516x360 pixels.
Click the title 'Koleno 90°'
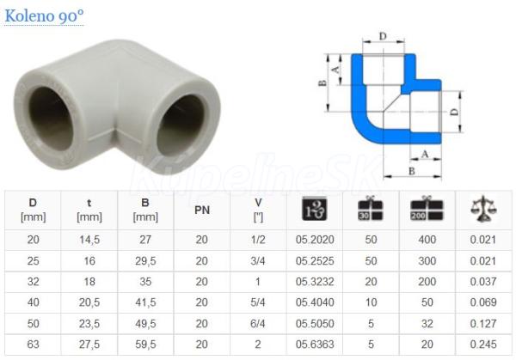[x=44, y=15]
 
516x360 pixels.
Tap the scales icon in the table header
[x=483, y=209]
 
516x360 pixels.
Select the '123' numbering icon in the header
[x=315, y=209]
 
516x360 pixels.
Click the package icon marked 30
[x=371, y=209]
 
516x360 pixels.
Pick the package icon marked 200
[x=427, y=209]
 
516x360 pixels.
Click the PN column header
[x=202, y=211]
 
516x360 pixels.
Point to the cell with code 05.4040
[x=315, y=302]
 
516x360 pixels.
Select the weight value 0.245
[x=483, y=345]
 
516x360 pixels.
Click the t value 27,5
[x=89, y=345]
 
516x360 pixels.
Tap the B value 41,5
[x=145, y=302]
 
